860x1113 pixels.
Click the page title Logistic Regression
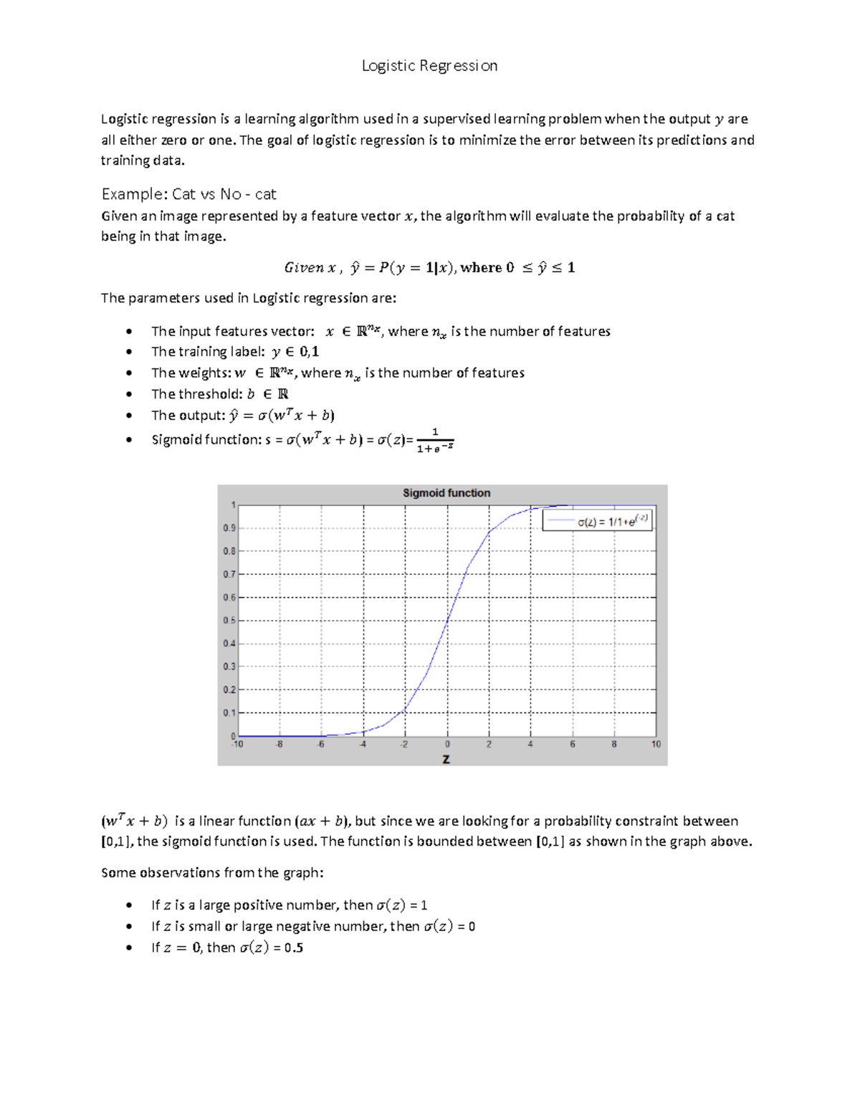pyautogui.click(x=429, y=66)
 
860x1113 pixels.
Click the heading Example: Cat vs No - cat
pyautogui.click(x=188, y=194)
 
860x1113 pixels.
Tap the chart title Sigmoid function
pyautogui.click(x=446, y=493)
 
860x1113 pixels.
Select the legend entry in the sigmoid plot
pyautogui.click(x=596, y=521)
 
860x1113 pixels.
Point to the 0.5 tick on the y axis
pyautogui.click(x=229, y=621)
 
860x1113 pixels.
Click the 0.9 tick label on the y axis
pyautogui.click(x=229, y=528)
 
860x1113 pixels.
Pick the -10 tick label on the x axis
pyautogui.click(x=236, y=745)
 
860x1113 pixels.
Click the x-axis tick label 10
pyautogui.click(x=656, y=745)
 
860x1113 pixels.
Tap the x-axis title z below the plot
pyautogui.click(x=446, y=759)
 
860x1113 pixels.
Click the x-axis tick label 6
pyautogui.click(x=572, y=745)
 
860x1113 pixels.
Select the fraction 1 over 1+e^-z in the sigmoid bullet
pyautogui.click(x=435, y=441)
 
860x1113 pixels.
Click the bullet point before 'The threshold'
pyautogui.click(x=129, y=394)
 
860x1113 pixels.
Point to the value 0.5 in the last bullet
pyautogui.click(x=294, y=947)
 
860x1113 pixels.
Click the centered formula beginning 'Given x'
pyautogui.click(x=429, y=268)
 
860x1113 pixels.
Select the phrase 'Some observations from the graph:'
pyautogui.click(x=212, y=873)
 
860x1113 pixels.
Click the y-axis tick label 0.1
pyautogui.click(x=229, y=713)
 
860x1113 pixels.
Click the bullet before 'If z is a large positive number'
pyautogui.click(x=129, y=906)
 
